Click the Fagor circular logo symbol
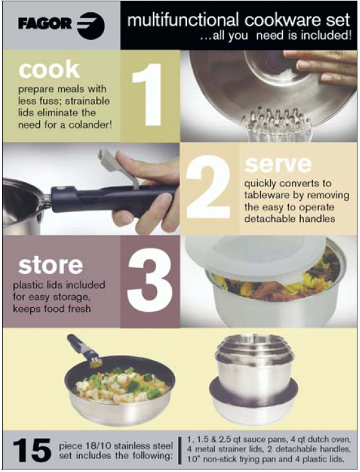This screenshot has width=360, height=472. click(x=91, y=25)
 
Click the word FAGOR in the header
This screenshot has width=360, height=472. click(x=45, y=24)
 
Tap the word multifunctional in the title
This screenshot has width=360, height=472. click(x=183, y=20)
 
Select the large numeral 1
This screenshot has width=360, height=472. click(x=148, y=95)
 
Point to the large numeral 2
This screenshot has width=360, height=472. click(x=208, y=186)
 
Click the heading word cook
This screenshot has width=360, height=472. click(x=49, y=69)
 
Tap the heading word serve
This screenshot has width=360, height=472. click(x=278, y=164)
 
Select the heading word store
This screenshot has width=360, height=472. click(x=50, y=265)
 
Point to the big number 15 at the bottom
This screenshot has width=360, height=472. click(x=32, y=450)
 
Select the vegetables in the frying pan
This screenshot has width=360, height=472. click(x=123, y=386)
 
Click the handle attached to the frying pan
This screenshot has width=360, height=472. click(x=82, y=349)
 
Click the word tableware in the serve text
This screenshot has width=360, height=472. click(x=262, y=195)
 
